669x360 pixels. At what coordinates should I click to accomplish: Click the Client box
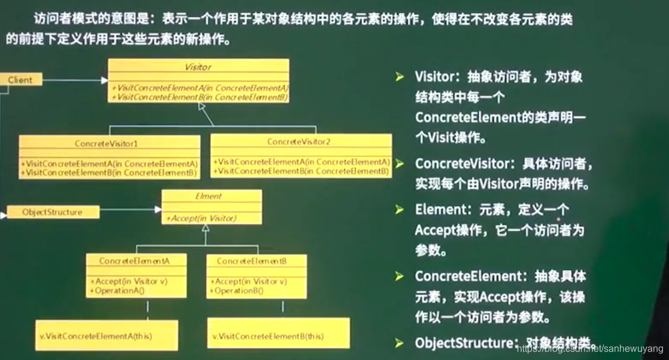21,80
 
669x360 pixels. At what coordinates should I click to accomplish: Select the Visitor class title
198,67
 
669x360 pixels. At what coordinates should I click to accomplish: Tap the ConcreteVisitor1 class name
107,144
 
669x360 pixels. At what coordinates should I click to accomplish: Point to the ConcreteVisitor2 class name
299,142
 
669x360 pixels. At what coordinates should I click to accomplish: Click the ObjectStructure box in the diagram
52,212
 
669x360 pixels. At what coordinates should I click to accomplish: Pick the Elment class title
208,196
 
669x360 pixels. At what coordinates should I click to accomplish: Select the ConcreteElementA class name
134,261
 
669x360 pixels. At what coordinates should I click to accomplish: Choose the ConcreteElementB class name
252,261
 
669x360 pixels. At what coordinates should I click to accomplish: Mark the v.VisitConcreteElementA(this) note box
107,336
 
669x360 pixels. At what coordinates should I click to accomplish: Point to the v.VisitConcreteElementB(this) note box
278,336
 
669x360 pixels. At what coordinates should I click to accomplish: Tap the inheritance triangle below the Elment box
205,228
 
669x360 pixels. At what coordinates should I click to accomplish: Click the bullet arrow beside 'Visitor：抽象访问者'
399,77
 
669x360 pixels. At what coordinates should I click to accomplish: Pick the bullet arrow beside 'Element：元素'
399,210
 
